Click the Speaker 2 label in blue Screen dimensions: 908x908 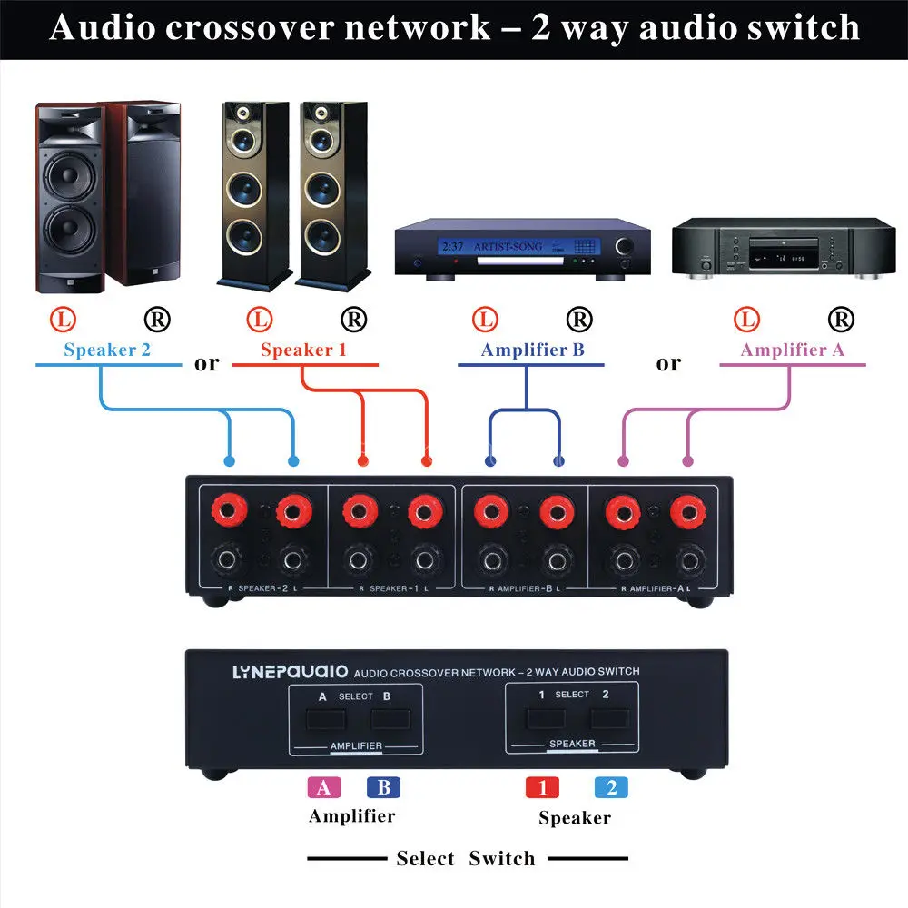pyautogui.click(x=107, y=350)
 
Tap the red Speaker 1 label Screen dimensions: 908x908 pyautogui.click(x=303, y=350)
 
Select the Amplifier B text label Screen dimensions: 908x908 pyautogui.click(x=532, y=350)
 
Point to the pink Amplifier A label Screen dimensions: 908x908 pyautogui.click(x=796, y=350)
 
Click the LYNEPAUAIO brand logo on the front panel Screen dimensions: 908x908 pyautogui.click(x=277, y=672)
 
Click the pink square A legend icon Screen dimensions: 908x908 pyautogui.click(x=324, y=787)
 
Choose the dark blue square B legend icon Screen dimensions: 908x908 pyautogui.click(x=383, y=787)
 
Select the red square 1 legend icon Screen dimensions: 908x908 pyautogui.click(x=543, y=787)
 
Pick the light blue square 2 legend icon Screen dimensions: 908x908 pyautogui.click(x=611, y=787)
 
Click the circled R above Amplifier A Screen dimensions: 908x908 pyautogui.click(x=841, y=319)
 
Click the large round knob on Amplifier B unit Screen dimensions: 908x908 pyautogui.click(x=626, y=247)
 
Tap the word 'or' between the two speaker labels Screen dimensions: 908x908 pyautogui.click(x=207, y=364)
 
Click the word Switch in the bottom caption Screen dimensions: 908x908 pyautogui.click(x=501, y=859)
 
